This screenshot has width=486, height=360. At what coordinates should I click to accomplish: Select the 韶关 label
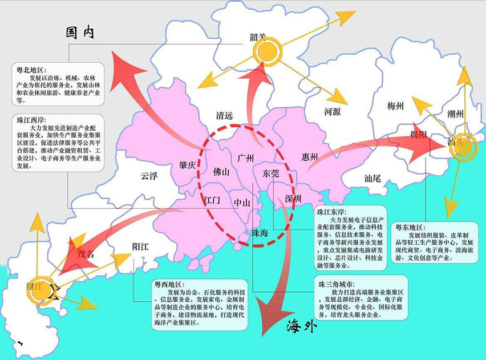(x=258, y=37)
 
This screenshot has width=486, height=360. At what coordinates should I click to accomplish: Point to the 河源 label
(x=332, y=112)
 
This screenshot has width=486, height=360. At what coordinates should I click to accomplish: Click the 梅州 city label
(x=395, y=106)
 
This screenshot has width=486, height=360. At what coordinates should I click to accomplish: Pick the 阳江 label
(x=140, y=246)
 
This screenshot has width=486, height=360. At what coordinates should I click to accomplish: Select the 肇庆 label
(x=187, y=164)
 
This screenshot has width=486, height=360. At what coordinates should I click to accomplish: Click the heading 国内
(x=80, y=33)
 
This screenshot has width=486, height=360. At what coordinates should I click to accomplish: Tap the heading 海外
(x=301, y=327)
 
